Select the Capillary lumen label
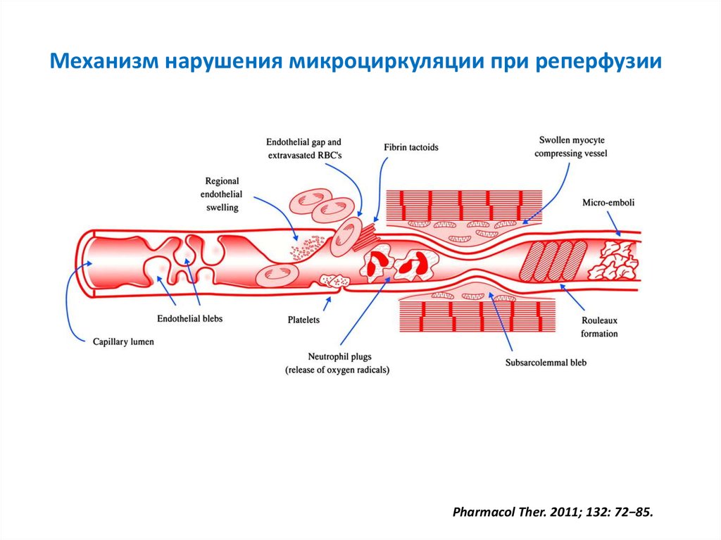[123, 342]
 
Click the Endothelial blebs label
[189, 319]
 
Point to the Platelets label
[303, 320]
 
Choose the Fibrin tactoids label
[411, 147]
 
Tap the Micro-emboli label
[608, 203]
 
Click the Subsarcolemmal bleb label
[546, 363]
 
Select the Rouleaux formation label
[600, 327]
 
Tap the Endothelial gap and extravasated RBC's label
[303, 148]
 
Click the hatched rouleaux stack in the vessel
[556, 260]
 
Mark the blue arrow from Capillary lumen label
[70, 296]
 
